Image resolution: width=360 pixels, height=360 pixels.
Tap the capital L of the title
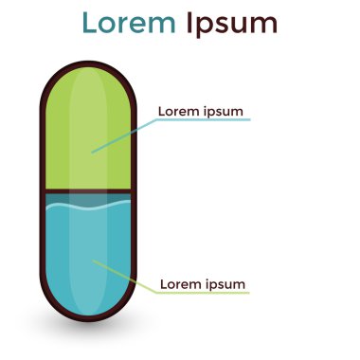coord(90,24)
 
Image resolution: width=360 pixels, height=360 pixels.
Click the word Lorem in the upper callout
coord(178,111)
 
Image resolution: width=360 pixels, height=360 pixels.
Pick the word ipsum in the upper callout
coord(225,112)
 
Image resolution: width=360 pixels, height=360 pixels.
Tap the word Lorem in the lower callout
coord(180,283)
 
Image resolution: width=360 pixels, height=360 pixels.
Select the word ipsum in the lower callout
coord(227,284)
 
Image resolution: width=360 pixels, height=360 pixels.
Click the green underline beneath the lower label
coord(205,293)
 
